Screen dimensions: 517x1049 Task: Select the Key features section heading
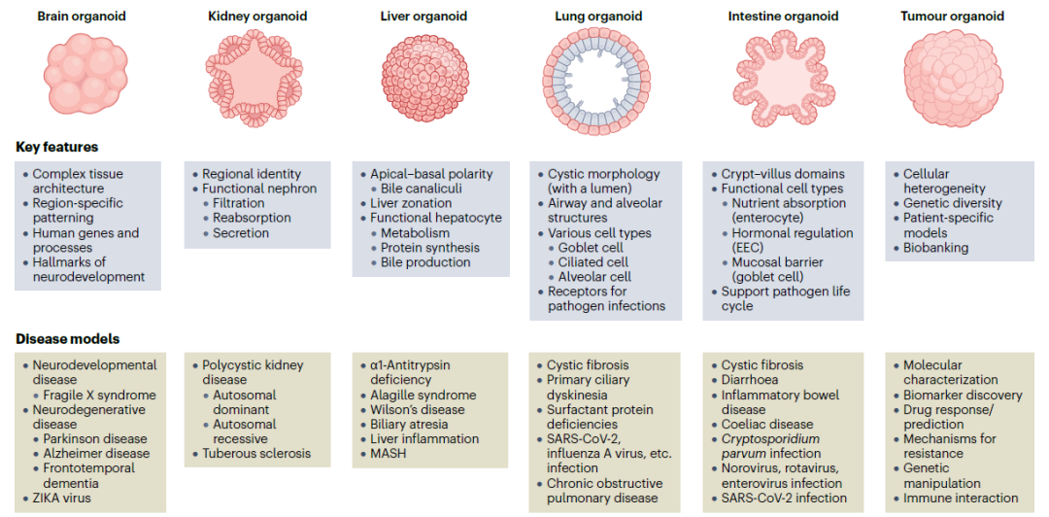tap(56, 147)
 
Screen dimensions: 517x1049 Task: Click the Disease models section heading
tap(67, 339)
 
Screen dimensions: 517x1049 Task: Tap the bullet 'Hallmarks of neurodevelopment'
tap(88, 269)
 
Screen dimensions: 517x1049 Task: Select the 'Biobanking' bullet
tap(935, 247)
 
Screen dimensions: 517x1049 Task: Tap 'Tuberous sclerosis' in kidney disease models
tap(256, 453)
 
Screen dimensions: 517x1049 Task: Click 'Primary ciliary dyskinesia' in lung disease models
tap(588, 387)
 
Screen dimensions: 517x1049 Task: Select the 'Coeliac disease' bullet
tap(766, 424)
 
